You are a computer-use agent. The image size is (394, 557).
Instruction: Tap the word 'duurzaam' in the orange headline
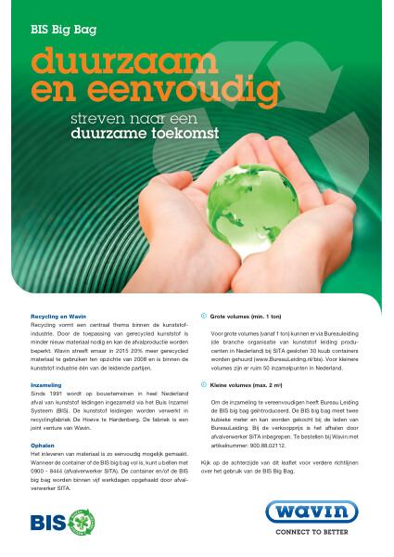(x=114, y=62)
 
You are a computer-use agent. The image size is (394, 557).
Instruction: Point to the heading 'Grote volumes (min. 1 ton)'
(x=245, y=317)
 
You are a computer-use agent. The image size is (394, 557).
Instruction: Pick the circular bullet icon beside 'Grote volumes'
(x=204, y=317)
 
